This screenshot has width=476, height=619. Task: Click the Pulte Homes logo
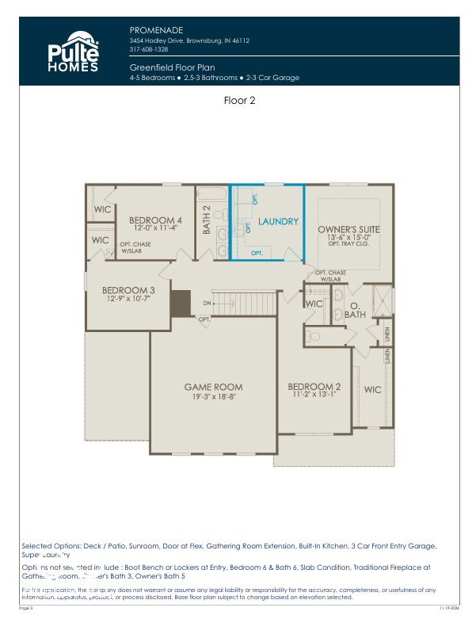click(x=74, y=52)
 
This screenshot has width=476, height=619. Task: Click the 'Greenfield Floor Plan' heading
click(x=172, y=68)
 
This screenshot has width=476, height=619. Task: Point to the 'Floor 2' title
click(x=238, y=101)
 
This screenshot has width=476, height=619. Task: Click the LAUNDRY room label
click(x=278, y=222)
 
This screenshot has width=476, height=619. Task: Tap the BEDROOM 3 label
click(x=128, y=291)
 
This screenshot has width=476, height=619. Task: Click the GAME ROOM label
click(x=213, y=388)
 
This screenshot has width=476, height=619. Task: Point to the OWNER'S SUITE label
click(x=349, y=229)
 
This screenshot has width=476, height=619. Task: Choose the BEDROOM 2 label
click(x=314, y=387)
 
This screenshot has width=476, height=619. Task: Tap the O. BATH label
click(x=355, y=309)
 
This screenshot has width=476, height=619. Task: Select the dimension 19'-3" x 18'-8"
click(x=213, y=396)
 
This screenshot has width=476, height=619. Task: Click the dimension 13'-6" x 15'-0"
click(x=349, y=237)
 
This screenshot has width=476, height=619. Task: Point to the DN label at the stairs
click(x=208, y=304)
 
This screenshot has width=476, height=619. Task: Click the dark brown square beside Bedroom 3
click(x=181, y=304)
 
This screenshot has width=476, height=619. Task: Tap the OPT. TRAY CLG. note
click(x=349, y=244)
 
